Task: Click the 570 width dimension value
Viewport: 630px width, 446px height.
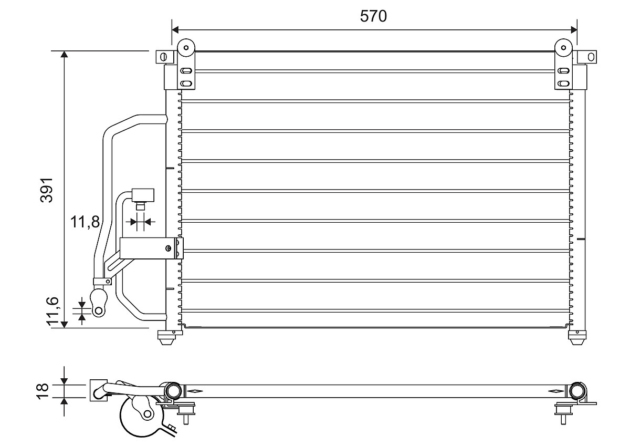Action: (x=373, y=16)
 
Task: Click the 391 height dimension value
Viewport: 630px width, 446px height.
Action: (x=48, y=190)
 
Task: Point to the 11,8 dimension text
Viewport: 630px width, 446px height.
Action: (x=85, y=222)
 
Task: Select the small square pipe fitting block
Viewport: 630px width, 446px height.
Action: (x=142, y=195)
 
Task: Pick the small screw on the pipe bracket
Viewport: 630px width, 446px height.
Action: (x=168, y=248)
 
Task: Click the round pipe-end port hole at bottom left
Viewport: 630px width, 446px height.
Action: (x=98, y=311)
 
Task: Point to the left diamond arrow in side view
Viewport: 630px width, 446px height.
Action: (x=194, y=391)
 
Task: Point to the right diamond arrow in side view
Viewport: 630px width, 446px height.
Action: (x=555, y=391)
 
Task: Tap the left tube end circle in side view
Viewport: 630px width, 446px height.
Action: (x=173, y=391)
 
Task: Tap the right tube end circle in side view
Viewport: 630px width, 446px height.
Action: (x=578, y=391)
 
